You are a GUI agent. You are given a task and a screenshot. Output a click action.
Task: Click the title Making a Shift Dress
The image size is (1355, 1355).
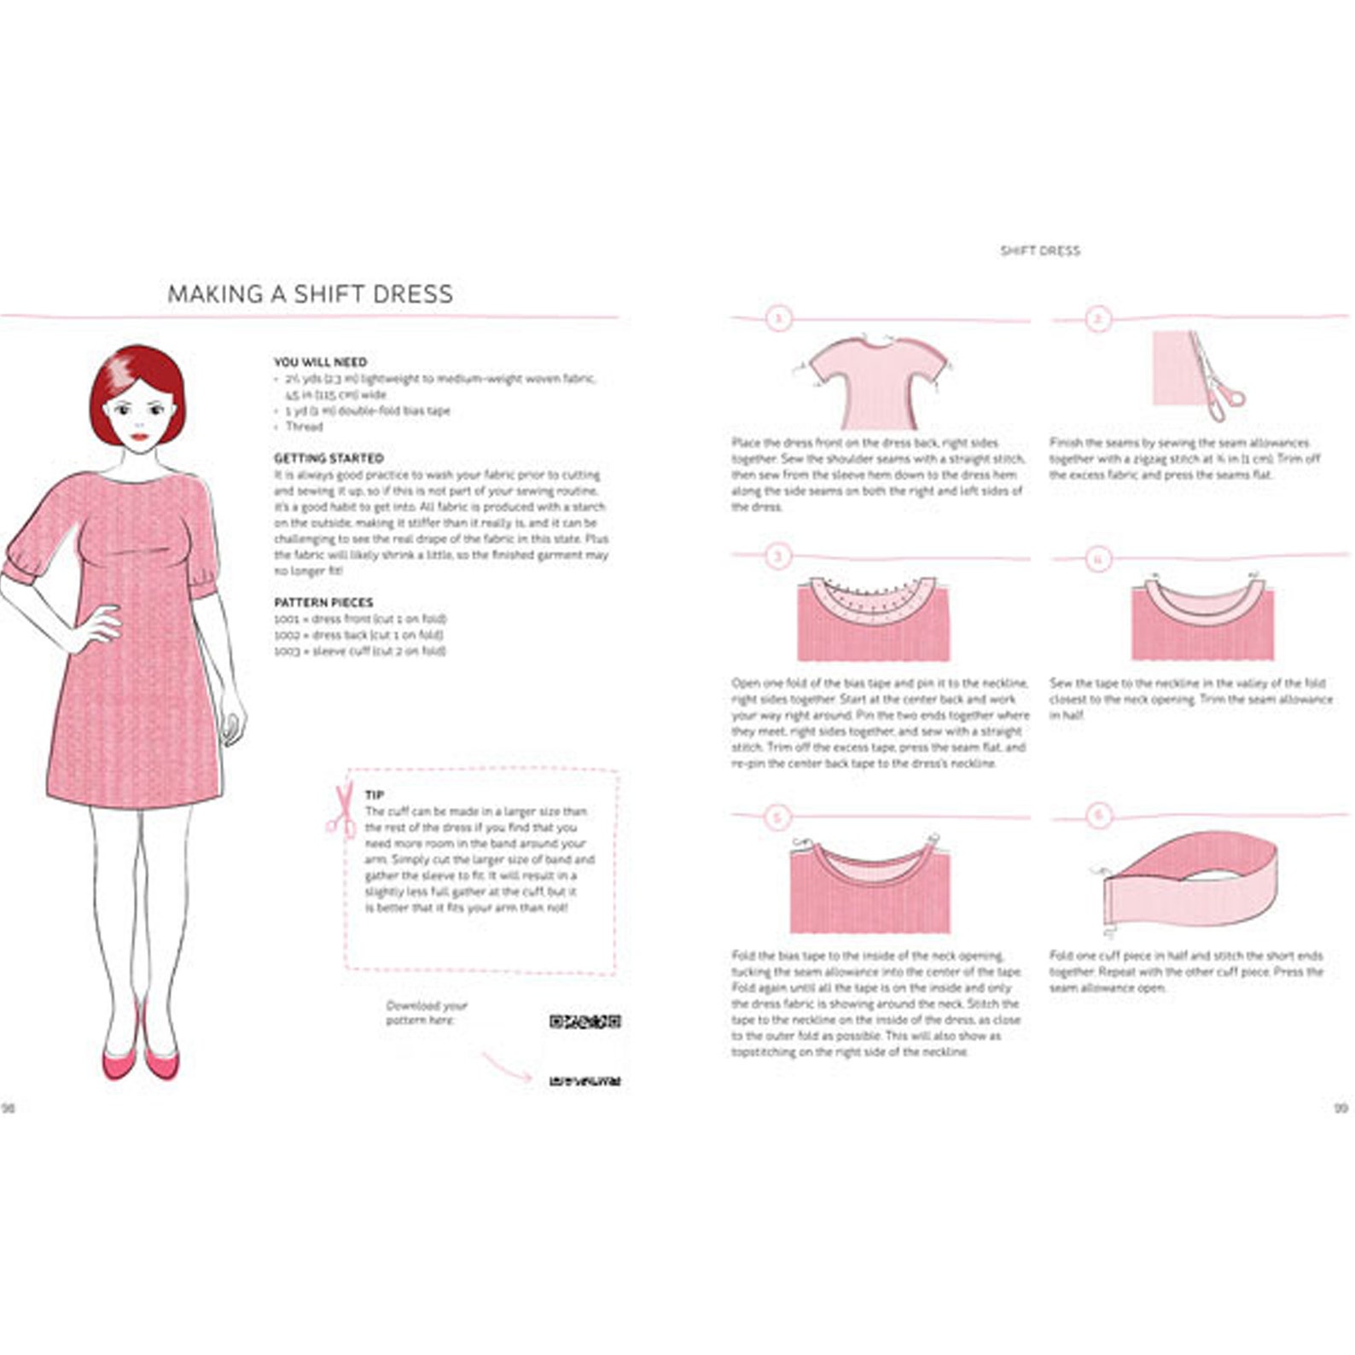pyautogui.click(x=310, y=294)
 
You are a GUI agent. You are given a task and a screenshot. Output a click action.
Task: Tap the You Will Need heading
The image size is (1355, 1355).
pyautogui.click(x=320, y=362)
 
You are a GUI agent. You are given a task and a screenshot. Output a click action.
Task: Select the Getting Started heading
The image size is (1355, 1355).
pyautogui.click(x=329, y=458)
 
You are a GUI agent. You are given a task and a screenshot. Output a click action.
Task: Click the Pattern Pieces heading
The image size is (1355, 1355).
pyautogui.click(x=323, y=602)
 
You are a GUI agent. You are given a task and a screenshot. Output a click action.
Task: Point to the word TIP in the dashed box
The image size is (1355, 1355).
pyautogui.click(x=374, y=794)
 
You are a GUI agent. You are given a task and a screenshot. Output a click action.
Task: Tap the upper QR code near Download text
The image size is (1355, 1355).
pyautogui.click(x=584, y=1021)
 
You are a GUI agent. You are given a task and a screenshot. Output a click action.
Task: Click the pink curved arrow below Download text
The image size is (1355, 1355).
pyautogui.click(x=507, y=1067)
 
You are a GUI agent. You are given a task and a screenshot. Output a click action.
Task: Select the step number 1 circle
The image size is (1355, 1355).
pyautogui.click(x=777, y=319)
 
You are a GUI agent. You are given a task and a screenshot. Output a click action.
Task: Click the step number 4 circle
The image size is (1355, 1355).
pyautogui.click(x=1098, y=559)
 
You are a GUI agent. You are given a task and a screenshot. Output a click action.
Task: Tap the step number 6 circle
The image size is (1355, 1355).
pyautogui.click(x=1098, y=816)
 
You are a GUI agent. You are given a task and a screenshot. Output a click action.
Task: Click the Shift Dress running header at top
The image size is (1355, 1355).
pyautogui.click(x=1039, y=251)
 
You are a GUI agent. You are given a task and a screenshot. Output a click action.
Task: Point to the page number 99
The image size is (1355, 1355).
pyautogui.click(x=1340, y=1108)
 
